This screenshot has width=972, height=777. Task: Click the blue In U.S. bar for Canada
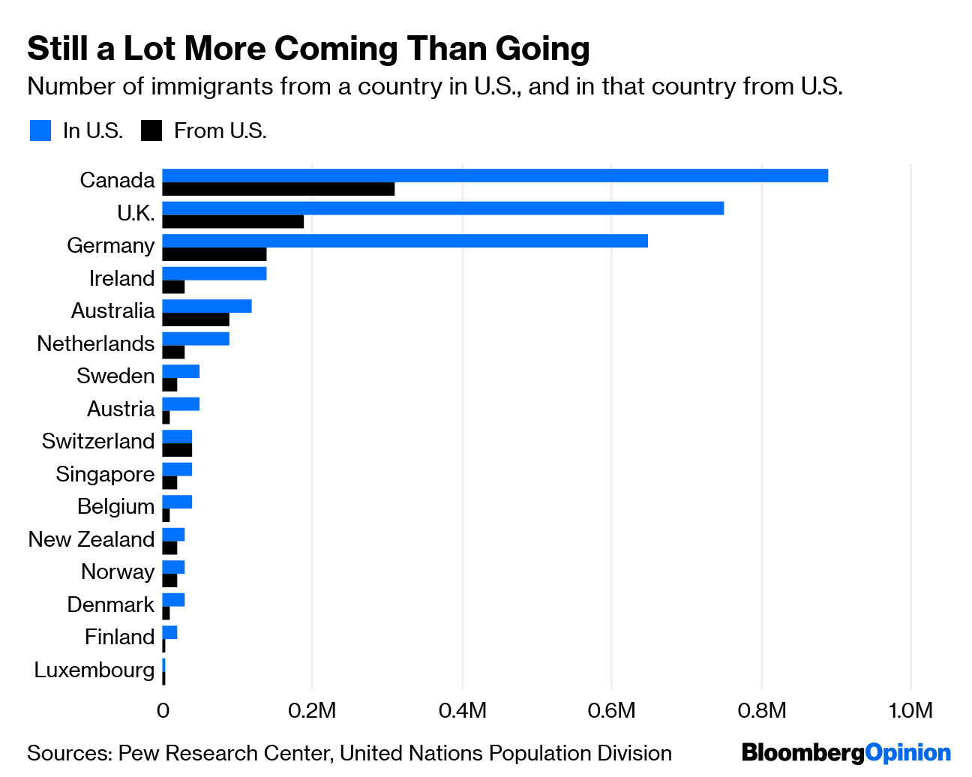click(495, 175)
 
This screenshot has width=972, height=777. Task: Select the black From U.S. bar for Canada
click(278, 189)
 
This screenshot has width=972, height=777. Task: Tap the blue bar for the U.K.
click(442, 208)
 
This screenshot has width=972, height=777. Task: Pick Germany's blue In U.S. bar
click(405, 241)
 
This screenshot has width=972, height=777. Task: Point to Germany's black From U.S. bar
click(214, 254)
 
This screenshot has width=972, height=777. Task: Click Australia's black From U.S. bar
click(196, 319)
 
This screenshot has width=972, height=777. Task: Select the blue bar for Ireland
click(214, 273)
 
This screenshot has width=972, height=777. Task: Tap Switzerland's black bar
click(177, 450)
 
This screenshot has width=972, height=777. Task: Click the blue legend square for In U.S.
click(40, 130)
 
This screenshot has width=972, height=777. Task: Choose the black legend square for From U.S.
click(151, 130)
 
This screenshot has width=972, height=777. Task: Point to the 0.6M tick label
click(611, 710)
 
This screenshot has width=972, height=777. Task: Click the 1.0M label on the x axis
click(910, 710)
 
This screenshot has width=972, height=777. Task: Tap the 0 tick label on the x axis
click(163, 710)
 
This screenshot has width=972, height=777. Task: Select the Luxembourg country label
click(94, 670)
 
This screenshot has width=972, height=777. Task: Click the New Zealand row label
click(91, 539)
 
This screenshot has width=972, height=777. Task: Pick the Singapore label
click(105, 474)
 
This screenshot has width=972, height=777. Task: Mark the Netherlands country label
click(96, 343)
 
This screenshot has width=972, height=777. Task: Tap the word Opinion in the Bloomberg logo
click(907, 752)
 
